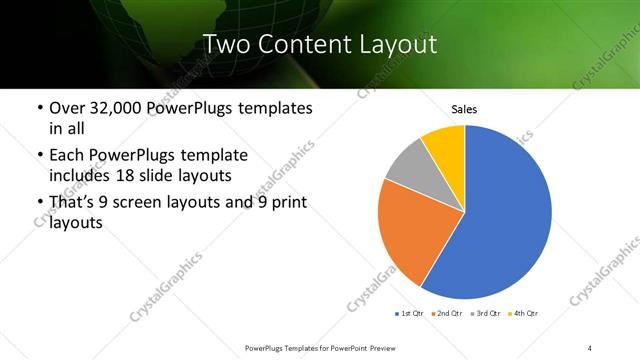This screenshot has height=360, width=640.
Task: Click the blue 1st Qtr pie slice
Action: (500, 220)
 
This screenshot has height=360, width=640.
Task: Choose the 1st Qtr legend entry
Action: (411, 314)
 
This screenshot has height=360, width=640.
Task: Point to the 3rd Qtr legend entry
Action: (485, 314)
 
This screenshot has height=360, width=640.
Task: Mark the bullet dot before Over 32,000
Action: (38, 108)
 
